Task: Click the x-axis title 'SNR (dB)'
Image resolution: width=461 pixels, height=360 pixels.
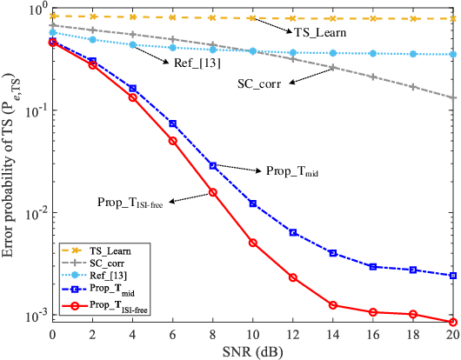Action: tap(254, 350)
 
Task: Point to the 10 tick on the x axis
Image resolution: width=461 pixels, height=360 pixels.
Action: tap(253, 334)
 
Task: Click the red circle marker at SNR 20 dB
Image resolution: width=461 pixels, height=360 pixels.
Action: tap(454, 322)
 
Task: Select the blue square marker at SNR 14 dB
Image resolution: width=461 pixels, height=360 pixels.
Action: tap(333, 252)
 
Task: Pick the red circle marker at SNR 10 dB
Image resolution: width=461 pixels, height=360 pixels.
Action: tap(253, 243)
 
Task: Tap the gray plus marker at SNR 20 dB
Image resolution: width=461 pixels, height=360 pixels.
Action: tap(454, 97)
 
